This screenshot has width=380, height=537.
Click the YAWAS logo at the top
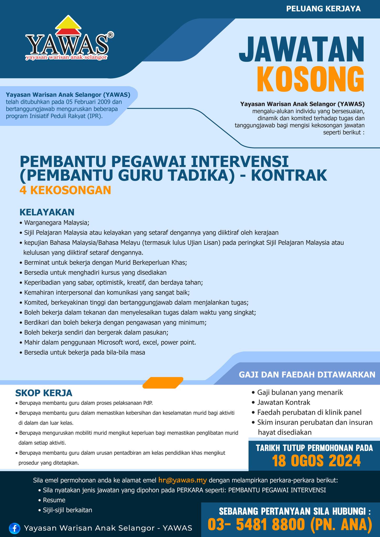click(x=67, y=39)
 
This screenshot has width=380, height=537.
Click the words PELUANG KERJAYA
click(x=323, y=9)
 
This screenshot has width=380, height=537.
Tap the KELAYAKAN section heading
click(x=47, y=212)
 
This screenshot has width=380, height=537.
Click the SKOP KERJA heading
click(x=44, y=393)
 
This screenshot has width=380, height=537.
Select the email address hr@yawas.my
click(x=183, y=480)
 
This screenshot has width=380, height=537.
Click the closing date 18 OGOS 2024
click(x=316, y=461)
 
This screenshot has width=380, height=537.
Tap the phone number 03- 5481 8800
click(x=256, y=524)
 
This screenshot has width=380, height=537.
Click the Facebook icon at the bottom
click(x=14, y=528)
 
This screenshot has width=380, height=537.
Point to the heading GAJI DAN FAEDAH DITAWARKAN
click(x=307, y=374)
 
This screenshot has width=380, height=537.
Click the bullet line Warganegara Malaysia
click(x=57, y=223)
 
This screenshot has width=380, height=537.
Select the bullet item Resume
click(x=54, y=500)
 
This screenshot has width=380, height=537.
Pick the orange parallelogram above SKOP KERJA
click(x=163, y=383)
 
